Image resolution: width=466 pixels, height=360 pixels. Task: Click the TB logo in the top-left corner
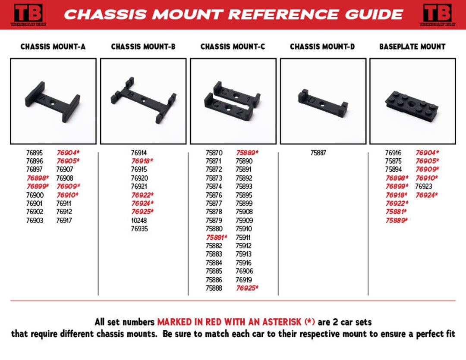tap(28, 14)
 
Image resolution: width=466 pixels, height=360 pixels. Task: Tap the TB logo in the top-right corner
tap(437, 14)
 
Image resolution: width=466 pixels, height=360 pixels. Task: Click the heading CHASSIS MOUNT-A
tap(53, 47)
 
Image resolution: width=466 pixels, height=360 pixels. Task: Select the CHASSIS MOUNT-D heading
tap(322, 47)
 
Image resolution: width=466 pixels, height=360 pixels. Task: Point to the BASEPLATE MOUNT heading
tap(412, 47)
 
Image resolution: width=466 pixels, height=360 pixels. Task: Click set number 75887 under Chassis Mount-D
tap(318, 153)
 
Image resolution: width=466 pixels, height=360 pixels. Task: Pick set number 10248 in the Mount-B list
tap(139, 220)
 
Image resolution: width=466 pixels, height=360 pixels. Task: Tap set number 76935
tap(139, 229)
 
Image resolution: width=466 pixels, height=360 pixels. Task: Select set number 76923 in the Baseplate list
tap(423, 187)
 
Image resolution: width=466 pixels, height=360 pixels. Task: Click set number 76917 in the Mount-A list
tap(64, 220)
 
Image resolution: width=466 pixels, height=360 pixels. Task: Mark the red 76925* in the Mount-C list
tap(247, 288)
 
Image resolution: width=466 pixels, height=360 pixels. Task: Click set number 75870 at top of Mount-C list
tap(214, 153)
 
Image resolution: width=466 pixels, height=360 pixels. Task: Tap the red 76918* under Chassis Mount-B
tap(142, 161)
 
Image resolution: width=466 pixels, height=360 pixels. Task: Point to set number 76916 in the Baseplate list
tap(393, 153)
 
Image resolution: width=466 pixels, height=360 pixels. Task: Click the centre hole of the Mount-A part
tap(53, 103)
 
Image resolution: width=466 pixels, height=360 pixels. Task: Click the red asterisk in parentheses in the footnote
tap(309, 322)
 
